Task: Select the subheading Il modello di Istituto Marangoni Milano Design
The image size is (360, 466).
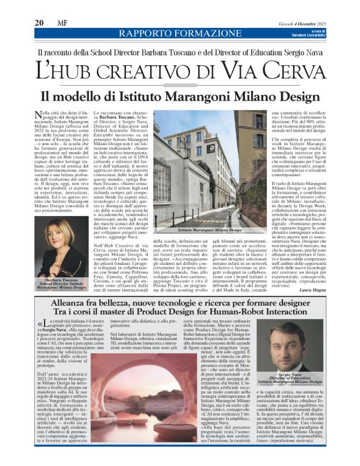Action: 180,96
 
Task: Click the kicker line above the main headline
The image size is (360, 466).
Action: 180,53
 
